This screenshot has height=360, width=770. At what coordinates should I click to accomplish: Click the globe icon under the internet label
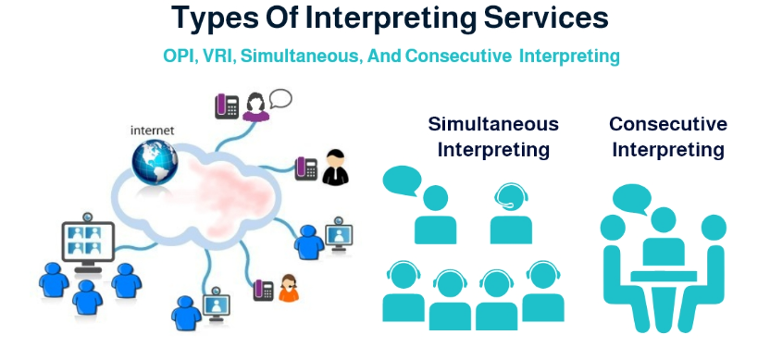[x=155, y=163]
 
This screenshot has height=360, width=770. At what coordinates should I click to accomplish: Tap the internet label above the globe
[x=152, y=130]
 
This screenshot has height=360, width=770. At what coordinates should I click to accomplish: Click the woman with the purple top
[x=255, y=106]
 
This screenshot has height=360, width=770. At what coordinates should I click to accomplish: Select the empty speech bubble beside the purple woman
[x=280, y=98]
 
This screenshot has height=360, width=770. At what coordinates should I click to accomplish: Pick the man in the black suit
[x=335, y=168]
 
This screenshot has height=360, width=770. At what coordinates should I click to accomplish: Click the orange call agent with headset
[x=289, y=289]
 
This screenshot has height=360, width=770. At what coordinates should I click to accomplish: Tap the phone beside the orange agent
[x=263, y=291]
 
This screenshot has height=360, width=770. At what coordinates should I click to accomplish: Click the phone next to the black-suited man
[x=306, y=168]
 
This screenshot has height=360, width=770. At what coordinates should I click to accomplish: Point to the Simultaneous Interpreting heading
[x=493, y=137]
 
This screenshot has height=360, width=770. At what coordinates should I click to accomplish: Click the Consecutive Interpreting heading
[x=668, y=137]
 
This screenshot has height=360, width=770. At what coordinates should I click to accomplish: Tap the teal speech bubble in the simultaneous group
[x=402, y=180]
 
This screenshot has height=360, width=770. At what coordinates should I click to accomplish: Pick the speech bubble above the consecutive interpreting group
[x=631, y=199]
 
